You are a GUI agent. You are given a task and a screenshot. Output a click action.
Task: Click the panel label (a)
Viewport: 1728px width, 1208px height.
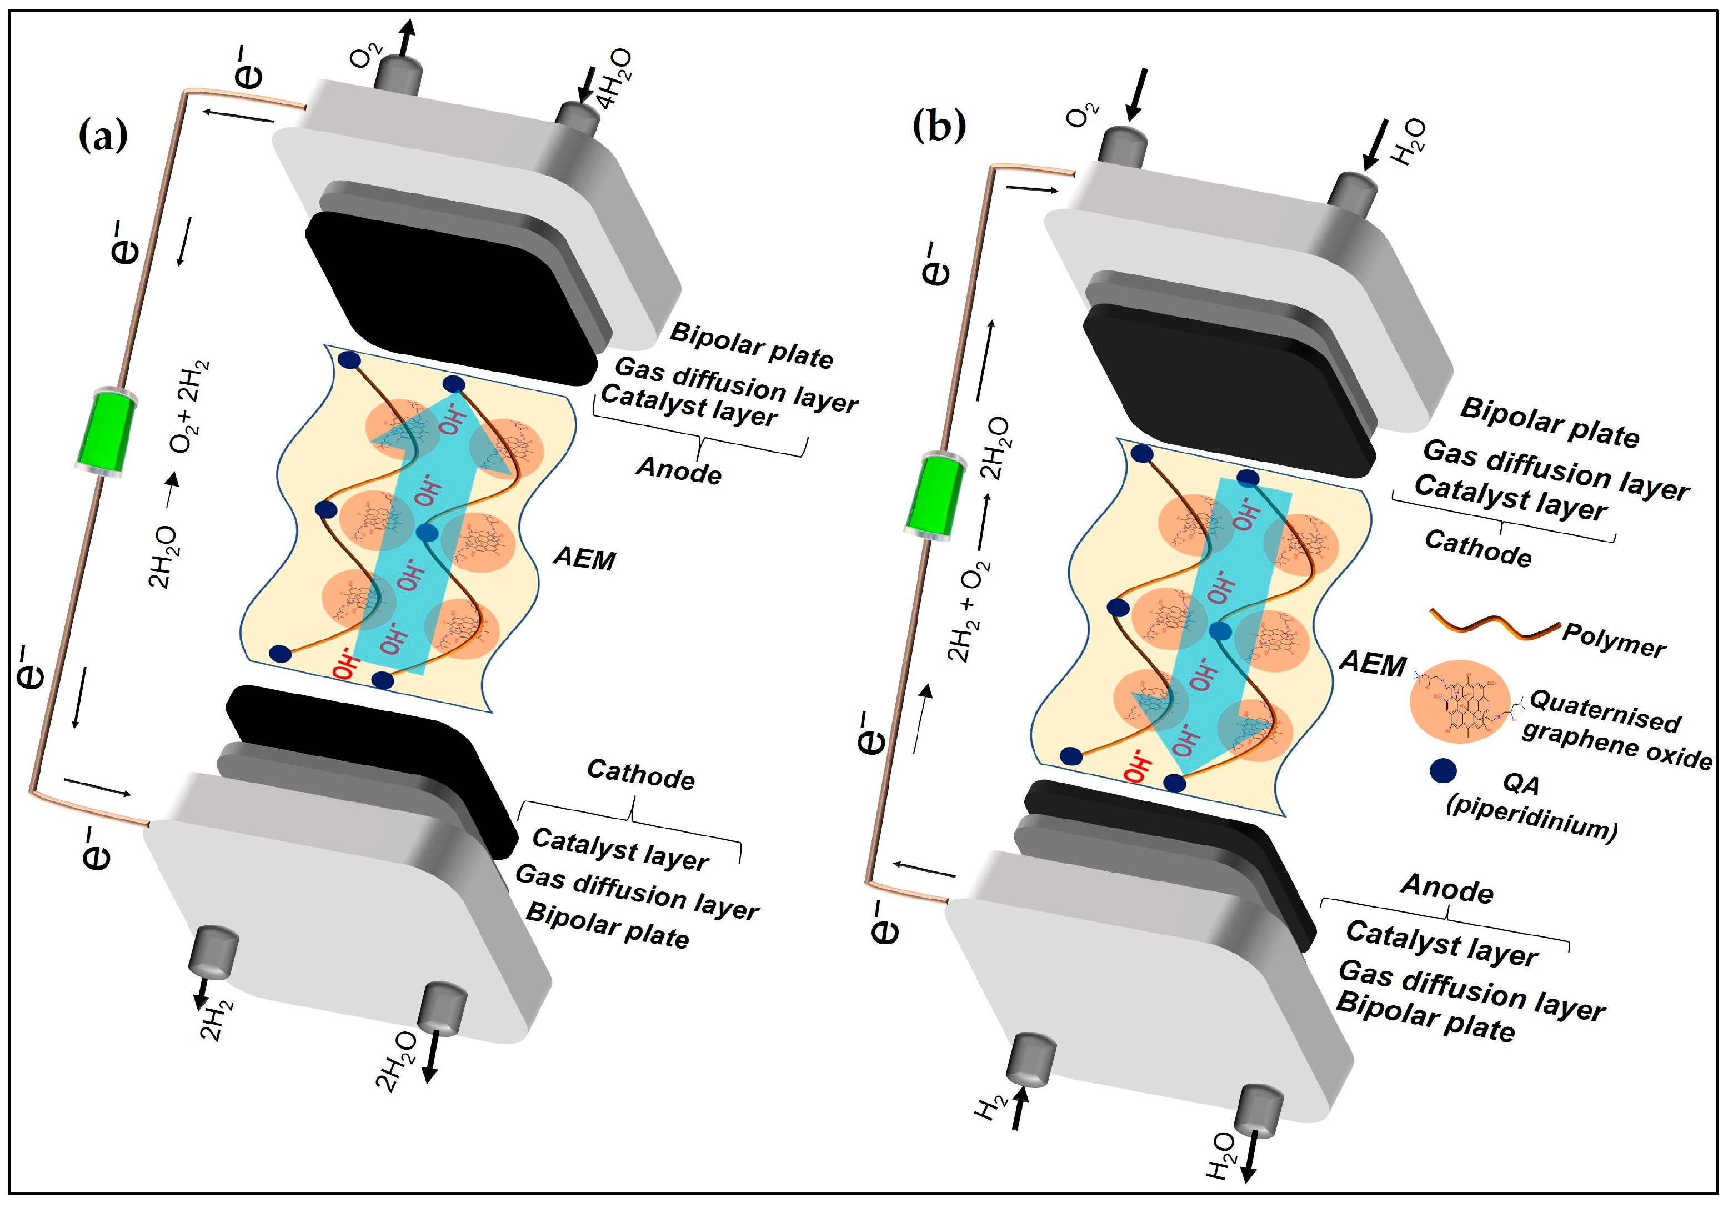click(x=103, y=136)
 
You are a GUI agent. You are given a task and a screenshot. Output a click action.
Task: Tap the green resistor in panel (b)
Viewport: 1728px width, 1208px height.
click(x=935, y=496)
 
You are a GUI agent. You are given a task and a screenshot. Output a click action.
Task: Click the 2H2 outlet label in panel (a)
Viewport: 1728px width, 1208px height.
click(x=216, y=1019)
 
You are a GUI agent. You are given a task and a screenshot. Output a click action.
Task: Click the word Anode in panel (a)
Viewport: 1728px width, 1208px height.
click(x=679, y=471)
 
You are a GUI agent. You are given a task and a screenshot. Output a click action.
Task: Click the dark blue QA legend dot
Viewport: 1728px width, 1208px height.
click(x=1442, y=771)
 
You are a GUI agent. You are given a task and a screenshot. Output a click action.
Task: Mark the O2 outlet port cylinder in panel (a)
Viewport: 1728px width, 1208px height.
click(x=398, y=72)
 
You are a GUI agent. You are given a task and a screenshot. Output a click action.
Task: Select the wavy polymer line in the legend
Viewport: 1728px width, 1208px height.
click(x=1494, y=624)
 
